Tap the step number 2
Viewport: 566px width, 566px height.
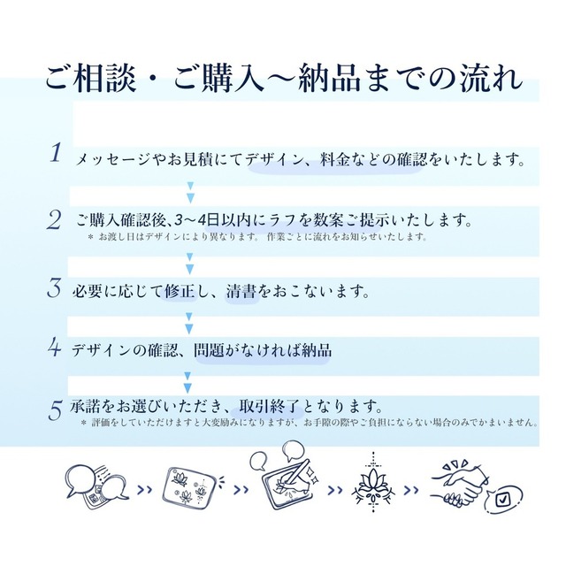[54, 220]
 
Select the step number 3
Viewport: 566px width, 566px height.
[54, 288]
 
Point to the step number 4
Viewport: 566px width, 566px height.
[55, 348]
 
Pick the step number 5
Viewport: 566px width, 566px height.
[55, 410]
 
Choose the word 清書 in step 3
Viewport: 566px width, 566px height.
[241, 291]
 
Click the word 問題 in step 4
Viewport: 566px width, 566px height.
[210, 350]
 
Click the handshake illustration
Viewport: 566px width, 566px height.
[461, 484]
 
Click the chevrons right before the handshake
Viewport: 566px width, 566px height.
[411, 490]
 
